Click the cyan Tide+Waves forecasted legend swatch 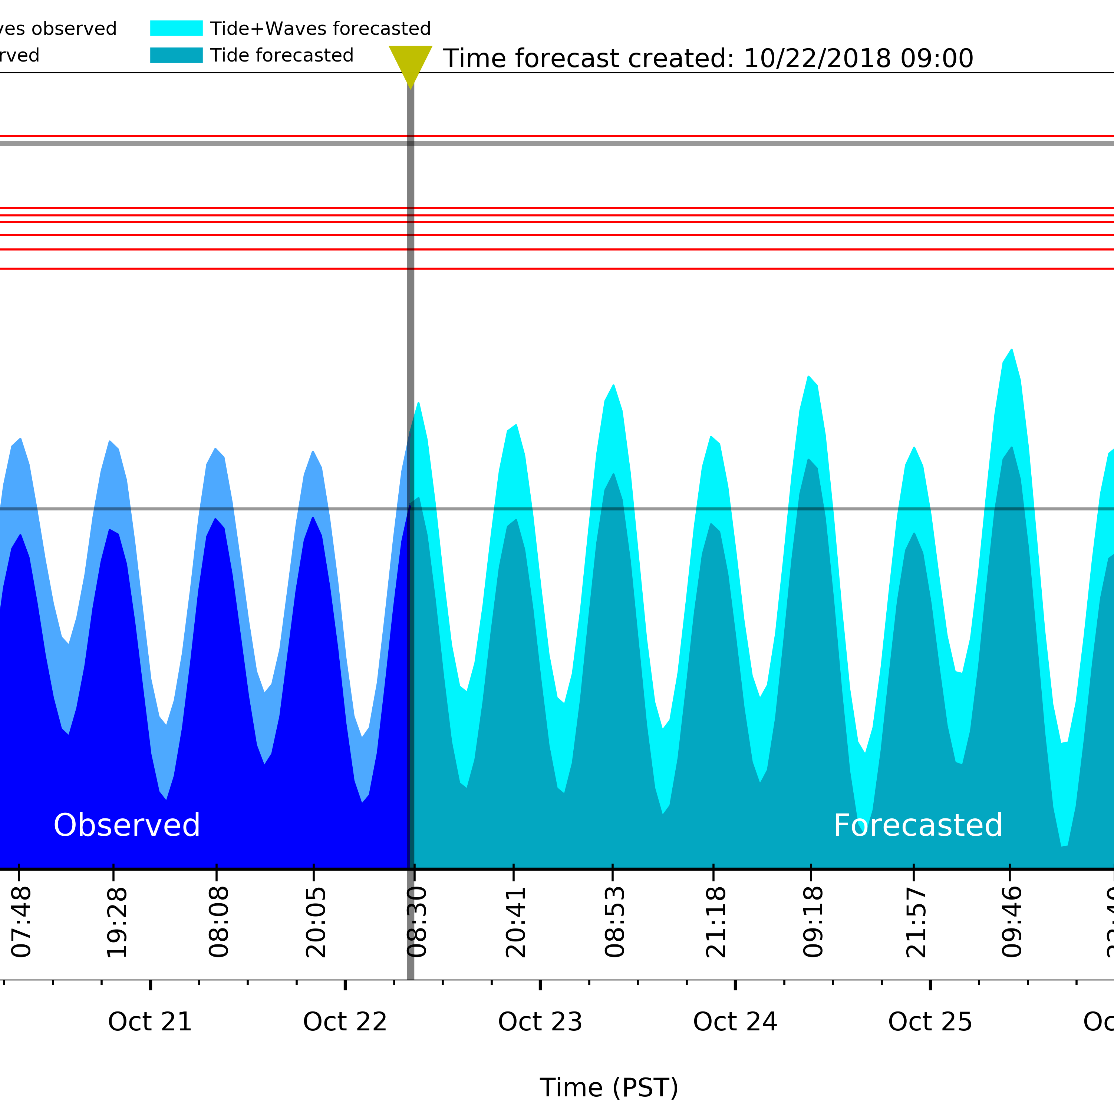tap(176, 28)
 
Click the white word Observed tap(126, 825)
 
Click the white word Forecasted tap(917, 825)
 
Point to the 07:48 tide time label tap(22, 923)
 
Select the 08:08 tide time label tap(219, 923)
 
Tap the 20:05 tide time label tap(316, 923)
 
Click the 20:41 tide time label tap(515, 923)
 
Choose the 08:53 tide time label tap(615, 923)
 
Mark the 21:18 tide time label tap(716, 923)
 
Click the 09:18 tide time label tap(813, 923)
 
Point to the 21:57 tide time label tap(916, 923)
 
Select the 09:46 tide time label tap(1012, 923)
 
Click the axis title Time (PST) tap(609, 1088)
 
